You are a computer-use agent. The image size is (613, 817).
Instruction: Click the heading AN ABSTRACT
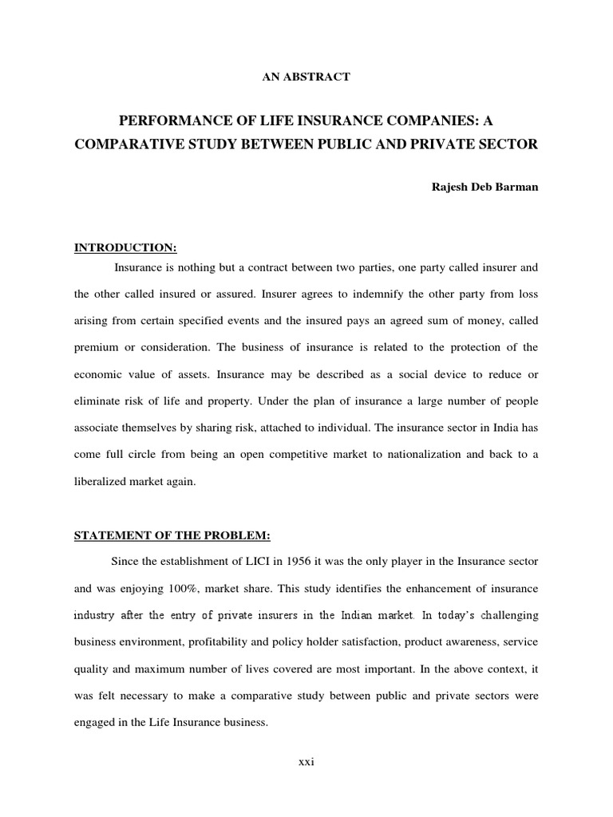pyautogui.click(x=306, y=77)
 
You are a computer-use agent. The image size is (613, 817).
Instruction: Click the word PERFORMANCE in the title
pyautogui.click(x=168, y=120)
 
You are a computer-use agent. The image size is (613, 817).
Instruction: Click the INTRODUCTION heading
pyautogui.click(x=119, y=248)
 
